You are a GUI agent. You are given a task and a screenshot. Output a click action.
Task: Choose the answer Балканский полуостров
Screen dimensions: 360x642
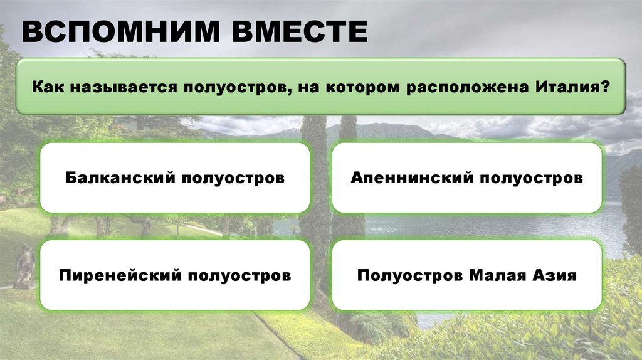tap(175, 178)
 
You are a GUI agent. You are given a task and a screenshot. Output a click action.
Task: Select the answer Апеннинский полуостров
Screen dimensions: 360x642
tap(466, 178)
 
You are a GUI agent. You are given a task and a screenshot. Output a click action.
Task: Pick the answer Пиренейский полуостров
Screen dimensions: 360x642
tap(175, 275)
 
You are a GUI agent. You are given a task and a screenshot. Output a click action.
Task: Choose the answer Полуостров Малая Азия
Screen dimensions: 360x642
tap(466, 275)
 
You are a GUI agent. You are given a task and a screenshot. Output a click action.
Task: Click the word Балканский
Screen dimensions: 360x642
tap(120, 178)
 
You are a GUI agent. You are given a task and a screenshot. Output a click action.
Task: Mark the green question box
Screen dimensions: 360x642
tap(320, 86)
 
